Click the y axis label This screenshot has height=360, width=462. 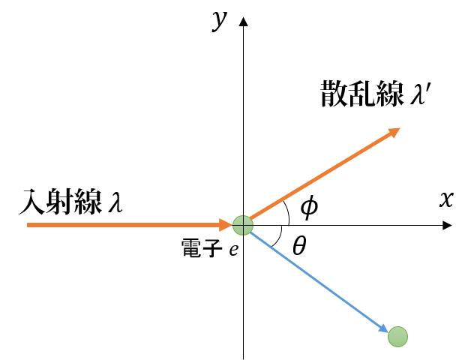tap(220, 20)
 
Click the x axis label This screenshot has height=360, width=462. tap(446, 199)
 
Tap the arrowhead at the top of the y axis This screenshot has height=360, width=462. tap(243, 22)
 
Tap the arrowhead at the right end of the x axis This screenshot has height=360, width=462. tap(447, 225)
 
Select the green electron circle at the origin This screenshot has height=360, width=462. tap(243, 225)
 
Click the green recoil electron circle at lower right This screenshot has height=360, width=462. tap(397, 337)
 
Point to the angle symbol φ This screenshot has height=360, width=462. tap(309, 206)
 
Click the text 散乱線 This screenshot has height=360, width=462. tap(362, 94)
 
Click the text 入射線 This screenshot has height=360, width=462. tap(61, 202)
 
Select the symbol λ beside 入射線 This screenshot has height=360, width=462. tap(115, 202)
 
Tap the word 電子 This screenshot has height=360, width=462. tap(202, 248)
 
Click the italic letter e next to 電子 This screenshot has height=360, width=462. tap(234, 250)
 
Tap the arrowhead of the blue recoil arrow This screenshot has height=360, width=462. tap(383, 327)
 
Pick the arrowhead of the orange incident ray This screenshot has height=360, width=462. tap(226, 225)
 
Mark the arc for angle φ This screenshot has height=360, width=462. tap(287, 213)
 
